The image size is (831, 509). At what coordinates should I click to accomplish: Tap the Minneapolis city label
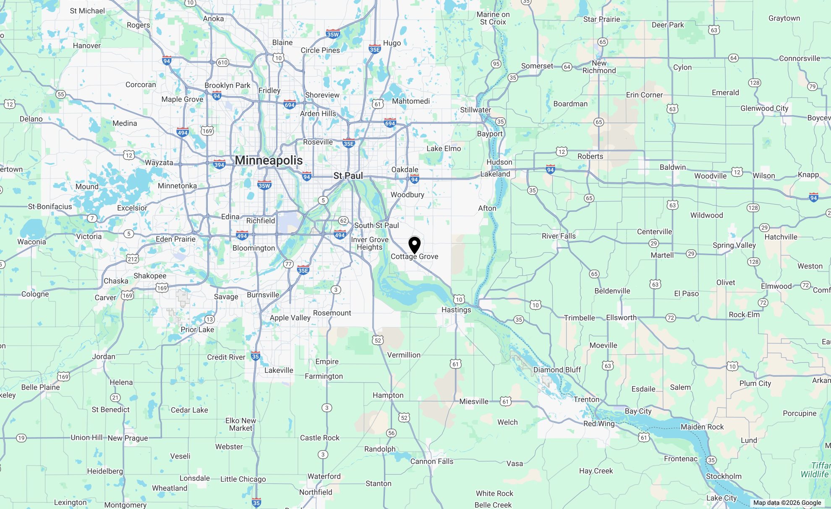(x=269, y=160)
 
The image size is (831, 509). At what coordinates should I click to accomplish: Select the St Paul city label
(x=348, y=176)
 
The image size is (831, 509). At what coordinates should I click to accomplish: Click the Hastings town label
(x=456, y=310)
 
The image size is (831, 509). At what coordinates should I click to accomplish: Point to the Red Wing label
(x=599, y=423)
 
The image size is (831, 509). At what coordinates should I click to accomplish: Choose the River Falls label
(x=559, y=236)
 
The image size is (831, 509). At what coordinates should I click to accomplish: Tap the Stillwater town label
(x=476, y=110)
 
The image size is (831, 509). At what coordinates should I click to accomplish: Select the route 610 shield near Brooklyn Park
(x=222, y=63)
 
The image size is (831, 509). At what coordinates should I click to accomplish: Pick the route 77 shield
(x=288, y=264)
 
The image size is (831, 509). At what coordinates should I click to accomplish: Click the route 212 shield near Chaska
(x=133, y=258)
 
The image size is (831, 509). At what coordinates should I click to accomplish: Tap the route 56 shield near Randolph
(x=391, y=433)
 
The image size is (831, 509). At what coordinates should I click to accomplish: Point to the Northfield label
(x=316, y=492)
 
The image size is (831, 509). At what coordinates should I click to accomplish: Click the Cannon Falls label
(x=432, y=461)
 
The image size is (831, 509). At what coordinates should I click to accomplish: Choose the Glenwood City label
(x=764, y=108)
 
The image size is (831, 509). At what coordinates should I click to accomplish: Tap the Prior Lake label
(x=197, y=330)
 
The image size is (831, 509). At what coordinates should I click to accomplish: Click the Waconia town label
(x=31, y=242)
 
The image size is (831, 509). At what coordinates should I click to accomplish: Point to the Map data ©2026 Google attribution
(x=787, y=503)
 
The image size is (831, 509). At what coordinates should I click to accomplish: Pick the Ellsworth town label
(x=621, y=317)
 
